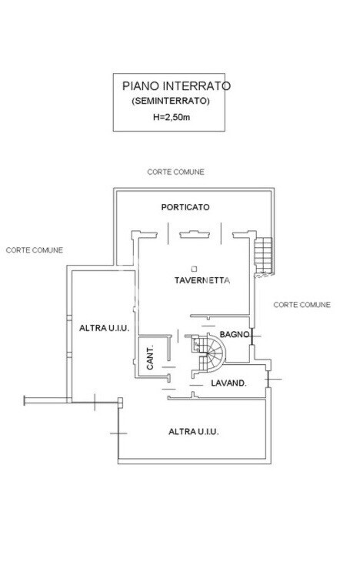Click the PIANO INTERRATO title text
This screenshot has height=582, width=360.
click(x=176, y=86)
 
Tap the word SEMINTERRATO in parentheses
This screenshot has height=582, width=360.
click(x=171, y=101)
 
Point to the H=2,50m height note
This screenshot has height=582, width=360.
click(x=172, y=117)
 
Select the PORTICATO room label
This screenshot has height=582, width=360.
click(x=185, y=207)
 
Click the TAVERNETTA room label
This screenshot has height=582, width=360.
click(x=202, y=280)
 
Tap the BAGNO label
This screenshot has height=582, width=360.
click(x=235, y=334)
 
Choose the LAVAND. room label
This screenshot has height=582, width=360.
click(x=228, y=383)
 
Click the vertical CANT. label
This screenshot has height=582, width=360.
click(x=150, y=358)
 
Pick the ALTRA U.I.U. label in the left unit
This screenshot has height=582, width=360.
click(x=104, y=328)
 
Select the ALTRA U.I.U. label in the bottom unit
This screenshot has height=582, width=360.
click(x=194, y=432)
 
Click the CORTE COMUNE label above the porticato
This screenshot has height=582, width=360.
click(x=175, y=172)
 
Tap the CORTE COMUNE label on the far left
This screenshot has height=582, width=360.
click(x=35, y=250)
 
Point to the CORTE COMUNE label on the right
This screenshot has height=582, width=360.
click(x=302, y=305)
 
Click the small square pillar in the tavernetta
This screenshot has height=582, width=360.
click(x=194, y=269)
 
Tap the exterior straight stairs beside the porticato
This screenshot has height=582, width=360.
click(x=264, y=255)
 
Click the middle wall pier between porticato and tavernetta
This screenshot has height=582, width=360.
click(x=195, y=234)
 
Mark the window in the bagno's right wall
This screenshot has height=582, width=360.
click(x=252, y=336)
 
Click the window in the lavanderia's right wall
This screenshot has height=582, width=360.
click(x=268, y=379)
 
